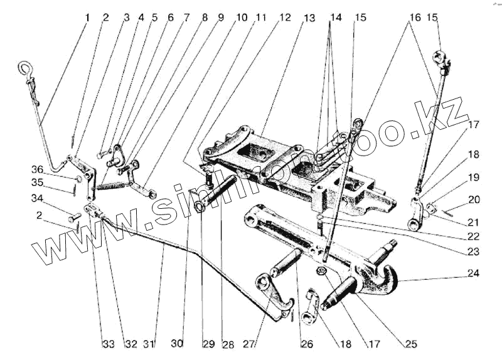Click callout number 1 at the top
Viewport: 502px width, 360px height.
pos(87,18)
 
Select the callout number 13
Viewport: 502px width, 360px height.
pos(309,18)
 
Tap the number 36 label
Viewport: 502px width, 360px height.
pos(37,169)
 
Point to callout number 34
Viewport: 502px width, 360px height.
pos(37,199)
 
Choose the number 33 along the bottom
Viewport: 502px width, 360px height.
pos(109,344)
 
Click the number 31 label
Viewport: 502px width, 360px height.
pos(148,344)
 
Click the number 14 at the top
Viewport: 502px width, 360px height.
pos(336,18)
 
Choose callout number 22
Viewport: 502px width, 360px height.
pos(473,236)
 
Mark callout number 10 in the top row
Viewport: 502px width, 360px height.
pos(242,18)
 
